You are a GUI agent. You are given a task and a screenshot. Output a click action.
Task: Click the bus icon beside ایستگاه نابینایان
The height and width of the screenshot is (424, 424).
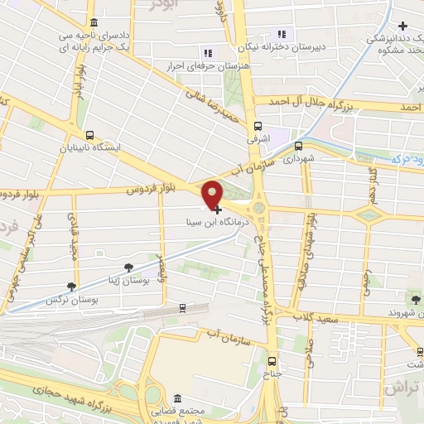point(89,135)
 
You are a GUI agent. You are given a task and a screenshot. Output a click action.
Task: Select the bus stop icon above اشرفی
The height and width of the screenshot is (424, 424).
point(258,127)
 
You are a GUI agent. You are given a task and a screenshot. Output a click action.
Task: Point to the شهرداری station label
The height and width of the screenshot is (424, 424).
point(299,155)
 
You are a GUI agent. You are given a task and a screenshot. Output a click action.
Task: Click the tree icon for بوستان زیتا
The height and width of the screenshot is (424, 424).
point(128,267)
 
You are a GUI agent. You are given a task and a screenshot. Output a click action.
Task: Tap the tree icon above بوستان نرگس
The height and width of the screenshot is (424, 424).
point(71,285)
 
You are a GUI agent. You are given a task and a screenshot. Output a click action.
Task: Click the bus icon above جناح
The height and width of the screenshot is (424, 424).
point(272,361)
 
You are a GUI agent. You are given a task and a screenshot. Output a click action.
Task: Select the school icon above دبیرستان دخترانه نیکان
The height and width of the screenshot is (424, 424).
point(282,34)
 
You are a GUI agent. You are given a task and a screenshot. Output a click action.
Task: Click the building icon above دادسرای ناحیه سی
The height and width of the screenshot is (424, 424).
point(92,22)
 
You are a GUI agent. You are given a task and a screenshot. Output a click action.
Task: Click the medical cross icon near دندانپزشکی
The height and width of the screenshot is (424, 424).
point(402,26)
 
